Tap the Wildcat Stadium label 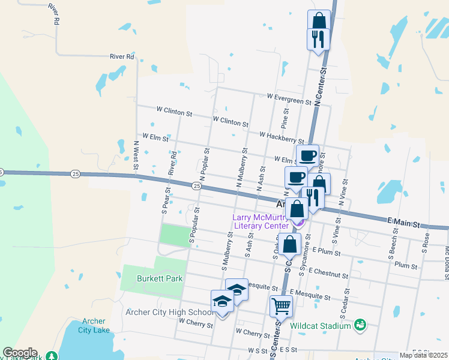click(320, 326)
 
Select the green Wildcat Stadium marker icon click(360, 325)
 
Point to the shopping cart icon click(281, 306)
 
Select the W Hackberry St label click(282, 137)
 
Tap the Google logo click(20, 353)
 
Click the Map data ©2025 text click(423, 355)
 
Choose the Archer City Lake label click(93, 326)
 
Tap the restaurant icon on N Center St click(317, 40)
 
